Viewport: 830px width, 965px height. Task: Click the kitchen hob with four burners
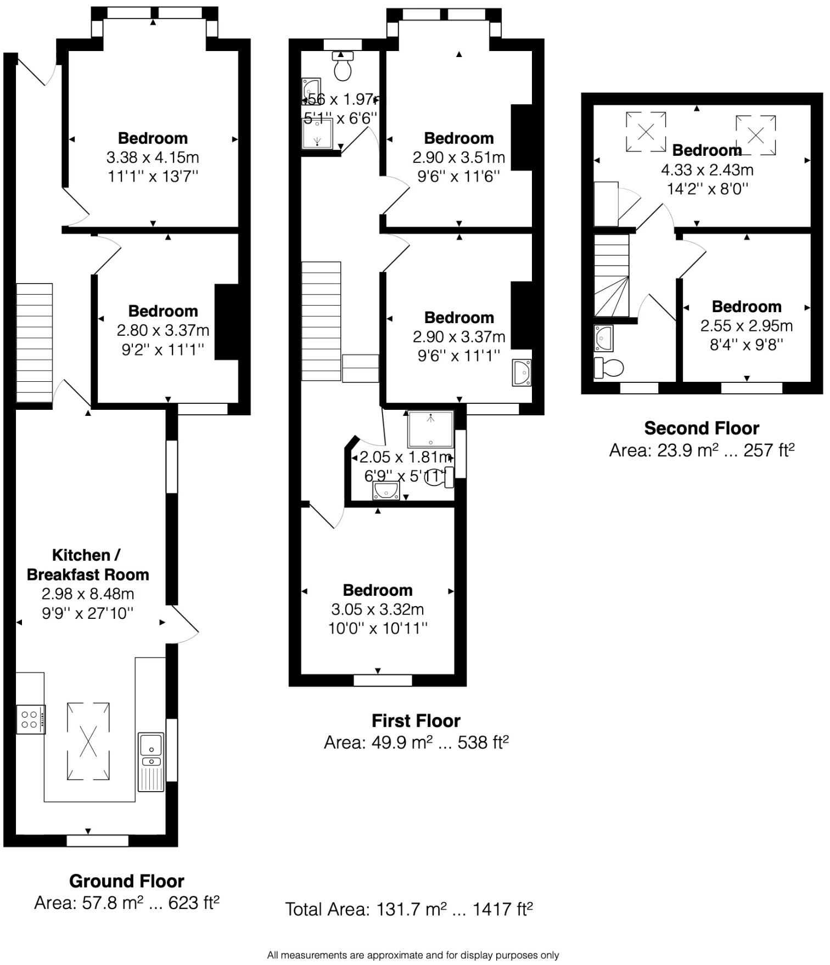30,719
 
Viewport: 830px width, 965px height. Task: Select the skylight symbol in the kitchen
88,741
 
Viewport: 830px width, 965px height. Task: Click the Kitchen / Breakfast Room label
88,565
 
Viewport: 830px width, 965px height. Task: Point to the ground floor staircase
34,343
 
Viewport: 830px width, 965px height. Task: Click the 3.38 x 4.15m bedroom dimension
153,157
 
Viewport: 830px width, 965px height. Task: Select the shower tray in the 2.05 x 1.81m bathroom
431,429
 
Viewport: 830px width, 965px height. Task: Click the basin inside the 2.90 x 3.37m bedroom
521,373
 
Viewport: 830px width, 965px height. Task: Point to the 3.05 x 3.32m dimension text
378,610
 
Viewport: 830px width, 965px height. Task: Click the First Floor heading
416,720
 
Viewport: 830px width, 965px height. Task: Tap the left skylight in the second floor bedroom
646,132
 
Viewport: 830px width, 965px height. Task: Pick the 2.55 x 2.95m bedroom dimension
747,326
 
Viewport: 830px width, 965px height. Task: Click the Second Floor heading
702,428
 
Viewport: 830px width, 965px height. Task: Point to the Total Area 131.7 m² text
409,909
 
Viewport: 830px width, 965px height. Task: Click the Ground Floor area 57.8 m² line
127,902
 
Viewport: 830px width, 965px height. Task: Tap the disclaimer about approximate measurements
413,955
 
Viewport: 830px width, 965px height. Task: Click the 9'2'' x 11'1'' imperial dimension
162,349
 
